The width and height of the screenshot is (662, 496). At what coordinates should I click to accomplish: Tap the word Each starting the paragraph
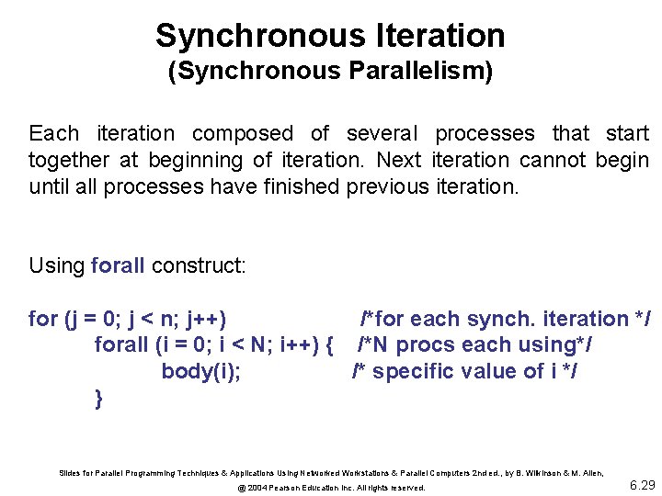[x=53, y=134]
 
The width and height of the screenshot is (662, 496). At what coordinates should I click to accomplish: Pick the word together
[x=69, y=161]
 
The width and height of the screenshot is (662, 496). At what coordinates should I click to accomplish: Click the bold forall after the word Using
[x=119, y=267]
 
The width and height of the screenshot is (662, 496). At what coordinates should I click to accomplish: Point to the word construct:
[x=199, y=267]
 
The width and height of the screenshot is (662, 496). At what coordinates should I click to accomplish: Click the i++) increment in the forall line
[x=290, y=345]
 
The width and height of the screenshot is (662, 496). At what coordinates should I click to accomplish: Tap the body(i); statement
[x=201, y=372]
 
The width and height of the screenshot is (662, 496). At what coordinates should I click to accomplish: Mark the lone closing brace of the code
[x=98, y=398]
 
